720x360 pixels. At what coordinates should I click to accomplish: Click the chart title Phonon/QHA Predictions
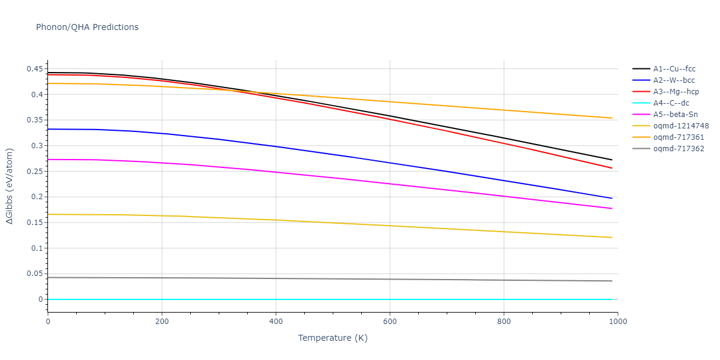point(87,27)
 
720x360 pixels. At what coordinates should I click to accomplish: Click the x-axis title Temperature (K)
point(332,338)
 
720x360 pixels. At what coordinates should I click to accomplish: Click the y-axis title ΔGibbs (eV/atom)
point(10,187)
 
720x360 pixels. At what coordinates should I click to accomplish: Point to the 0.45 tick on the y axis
point(35,69)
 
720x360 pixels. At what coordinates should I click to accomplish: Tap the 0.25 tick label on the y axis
point(35,172)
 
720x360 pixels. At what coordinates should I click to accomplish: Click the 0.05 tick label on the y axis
point(35,274)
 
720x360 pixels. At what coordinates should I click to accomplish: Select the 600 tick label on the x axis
point(390,322)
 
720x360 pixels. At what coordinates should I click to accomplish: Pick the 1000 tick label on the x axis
point(618,322)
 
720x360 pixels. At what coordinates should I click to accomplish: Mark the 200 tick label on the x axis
point(162,322)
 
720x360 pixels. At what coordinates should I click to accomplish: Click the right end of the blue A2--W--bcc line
point(612,198)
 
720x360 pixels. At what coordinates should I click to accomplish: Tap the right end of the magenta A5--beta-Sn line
point(612,208)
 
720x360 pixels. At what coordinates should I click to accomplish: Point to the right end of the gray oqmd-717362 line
point(612,281)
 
